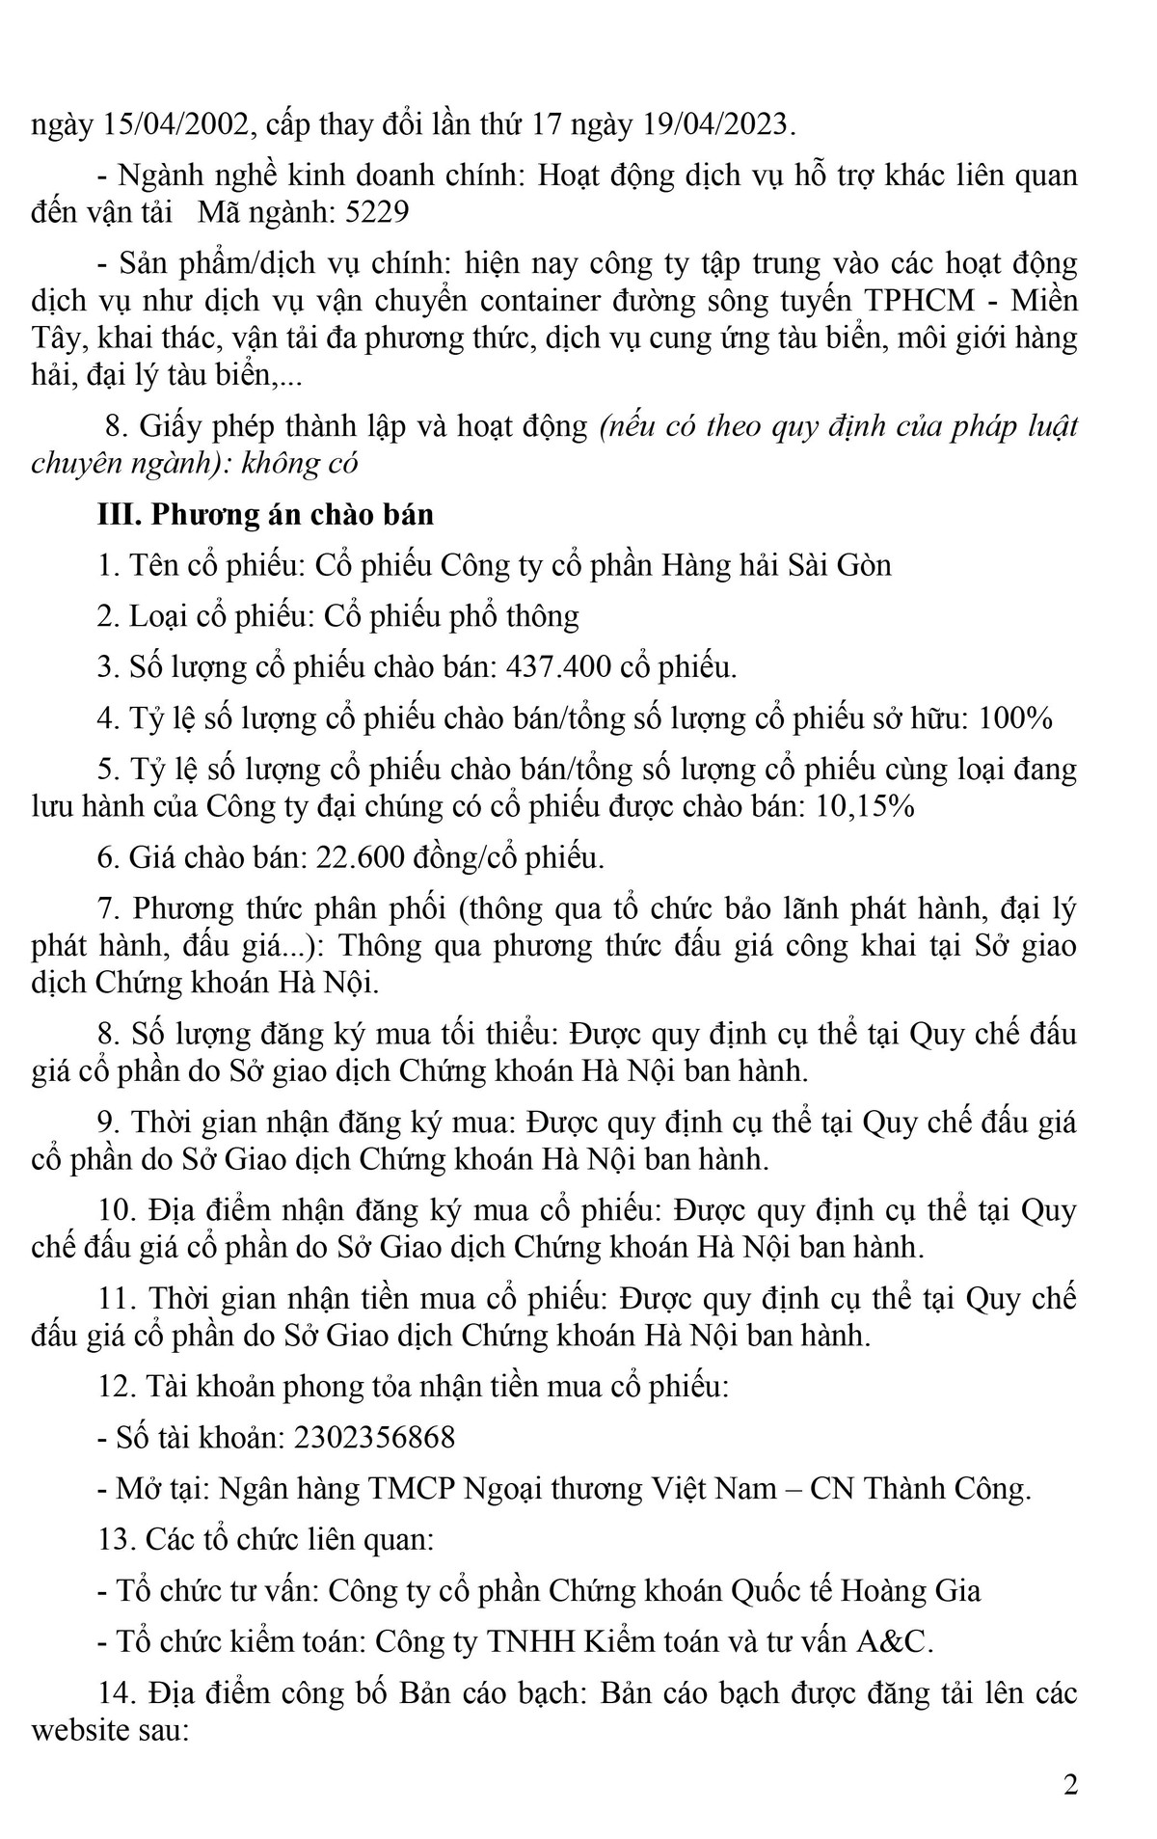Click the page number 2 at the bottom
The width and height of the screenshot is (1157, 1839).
coord(1070,1784)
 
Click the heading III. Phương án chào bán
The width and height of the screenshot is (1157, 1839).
coord(266,514)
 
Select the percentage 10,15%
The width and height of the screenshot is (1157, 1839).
coord(865,807)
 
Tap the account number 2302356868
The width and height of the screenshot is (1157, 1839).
coord(376,1438)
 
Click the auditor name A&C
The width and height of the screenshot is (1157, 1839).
coord(896,1641)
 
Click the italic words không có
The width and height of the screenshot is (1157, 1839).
coord(304,463)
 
